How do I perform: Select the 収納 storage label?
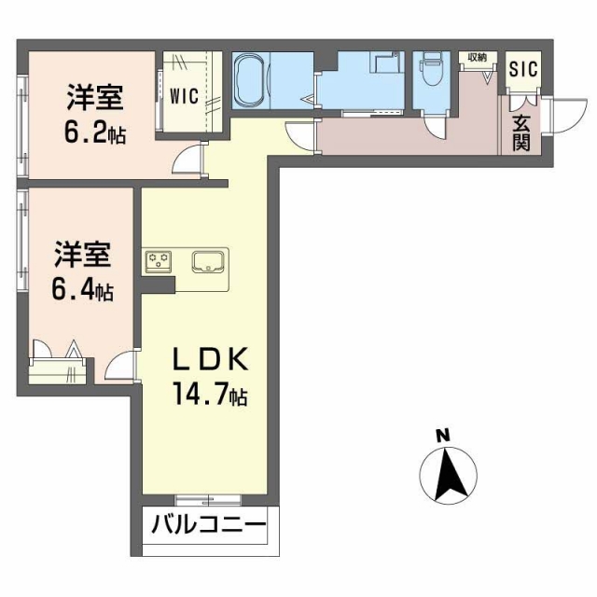pyautogui.click(x=476, y=58)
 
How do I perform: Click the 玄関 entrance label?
pyautogui.click(x=521, y=132)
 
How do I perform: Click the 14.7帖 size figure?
pyautogui.click(x=211, y=396)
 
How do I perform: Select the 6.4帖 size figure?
pyautogui.click(x=82, y=291)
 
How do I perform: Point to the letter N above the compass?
pyautogui.click(x=443, y=435)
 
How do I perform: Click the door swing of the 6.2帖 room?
pyautogui.click(x=190, y=160)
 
